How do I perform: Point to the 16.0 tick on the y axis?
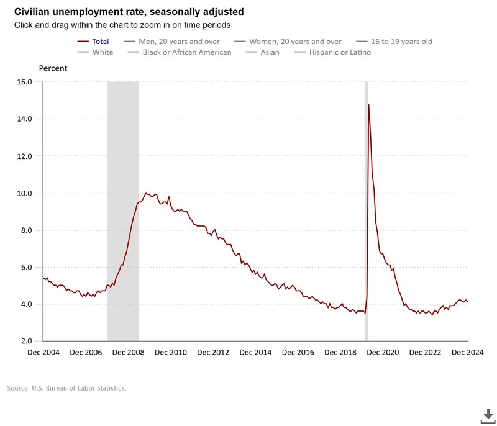(25, 82)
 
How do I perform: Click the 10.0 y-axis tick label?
(25, 193)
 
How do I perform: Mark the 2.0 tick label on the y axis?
(27, 342)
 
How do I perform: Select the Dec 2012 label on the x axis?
(212, 353)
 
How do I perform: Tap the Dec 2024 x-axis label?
(467, 353)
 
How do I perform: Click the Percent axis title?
(53, 68)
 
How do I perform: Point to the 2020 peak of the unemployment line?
(368, 104)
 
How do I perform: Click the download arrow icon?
(488, 415)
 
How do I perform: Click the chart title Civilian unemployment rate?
(129, 12)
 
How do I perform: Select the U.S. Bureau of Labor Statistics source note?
(66, 388)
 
